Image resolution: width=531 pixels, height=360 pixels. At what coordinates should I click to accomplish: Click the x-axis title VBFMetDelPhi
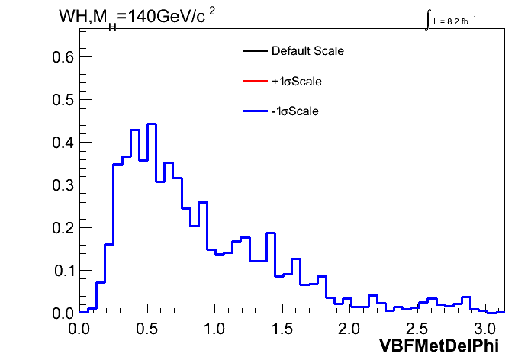[439, 346]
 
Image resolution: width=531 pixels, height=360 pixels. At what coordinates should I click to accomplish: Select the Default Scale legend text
[307, 51]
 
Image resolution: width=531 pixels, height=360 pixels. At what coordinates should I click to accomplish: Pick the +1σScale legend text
[297, 82]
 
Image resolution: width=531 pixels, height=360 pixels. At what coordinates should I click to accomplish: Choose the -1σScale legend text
[295, 111]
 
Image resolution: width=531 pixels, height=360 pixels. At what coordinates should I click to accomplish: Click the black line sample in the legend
[256, 51]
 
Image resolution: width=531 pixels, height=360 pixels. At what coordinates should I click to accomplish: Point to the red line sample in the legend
[256, 81]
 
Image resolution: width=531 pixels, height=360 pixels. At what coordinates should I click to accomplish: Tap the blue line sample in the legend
[256, 111]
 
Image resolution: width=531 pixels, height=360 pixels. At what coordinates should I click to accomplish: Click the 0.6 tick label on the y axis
[63, 57]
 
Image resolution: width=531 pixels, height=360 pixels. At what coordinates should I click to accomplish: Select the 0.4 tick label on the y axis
[63, 142]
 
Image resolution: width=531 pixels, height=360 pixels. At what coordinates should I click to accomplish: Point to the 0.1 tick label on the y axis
[64, 271]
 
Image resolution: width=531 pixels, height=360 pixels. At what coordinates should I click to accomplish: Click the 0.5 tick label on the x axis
[147, 329]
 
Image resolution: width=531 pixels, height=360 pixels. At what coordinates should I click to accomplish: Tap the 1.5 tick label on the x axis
[282, 329]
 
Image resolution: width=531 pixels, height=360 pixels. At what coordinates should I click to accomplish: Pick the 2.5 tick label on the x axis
[417, 329]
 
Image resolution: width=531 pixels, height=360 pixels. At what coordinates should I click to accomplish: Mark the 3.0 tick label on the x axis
[484, 329]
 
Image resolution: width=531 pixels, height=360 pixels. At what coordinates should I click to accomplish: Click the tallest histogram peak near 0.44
[152, 124]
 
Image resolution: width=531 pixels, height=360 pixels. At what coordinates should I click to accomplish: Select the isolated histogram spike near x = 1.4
[271, 233]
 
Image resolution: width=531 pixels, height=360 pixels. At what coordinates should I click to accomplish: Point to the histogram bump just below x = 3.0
[466, 297]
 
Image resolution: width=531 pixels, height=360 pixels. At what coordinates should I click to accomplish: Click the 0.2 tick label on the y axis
[63, 228]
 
